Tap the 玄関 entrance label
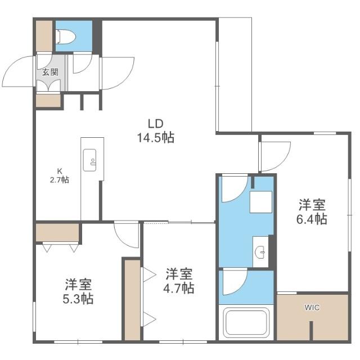click(x=50, y=71)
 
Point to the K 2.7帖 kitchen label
click(x=58, y=176)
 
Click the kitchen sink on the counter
click(x=90, y=160)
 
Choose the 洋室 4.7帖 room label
click(x=179, y=281)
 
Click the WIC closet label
click(x=312, y=308)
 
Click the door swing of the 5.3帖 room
click(x=126, y=233)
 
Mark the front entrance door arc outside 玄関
click(x=18, y=70)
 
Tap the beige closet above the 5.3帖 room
click(x=57, y=232)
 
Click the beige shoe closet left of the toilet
click(x=44, y=35)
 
